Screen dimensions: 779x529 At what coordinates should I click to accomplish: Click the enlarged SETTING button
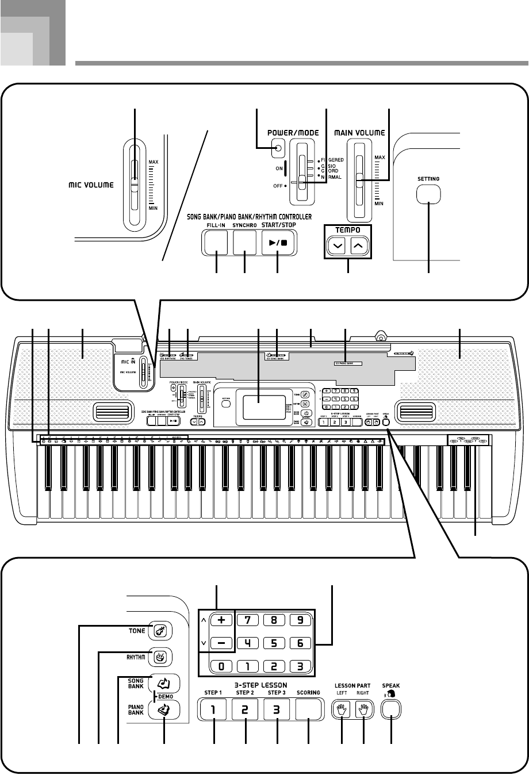429,194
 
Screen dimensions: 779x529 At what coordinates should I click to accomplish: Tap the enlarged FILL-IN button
216,243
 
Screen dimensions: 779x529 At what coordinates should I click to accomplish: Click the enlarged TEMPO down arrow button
338,247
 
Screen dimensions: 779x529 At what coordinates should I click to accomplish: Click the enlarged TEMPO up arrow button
358,247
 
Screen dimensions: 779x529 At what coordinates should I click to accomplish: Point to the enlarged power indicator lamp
279,149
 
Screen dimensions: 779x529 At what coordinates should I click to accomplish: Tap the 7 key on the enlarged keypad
248,621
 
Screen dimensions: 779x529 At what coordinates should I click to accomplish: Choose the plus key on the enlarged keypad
222,621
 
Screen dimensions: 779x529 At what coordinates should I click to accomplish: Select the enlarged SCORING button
308,709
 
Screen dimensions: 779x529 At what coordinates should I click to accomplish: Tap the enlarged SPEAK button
392,709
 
